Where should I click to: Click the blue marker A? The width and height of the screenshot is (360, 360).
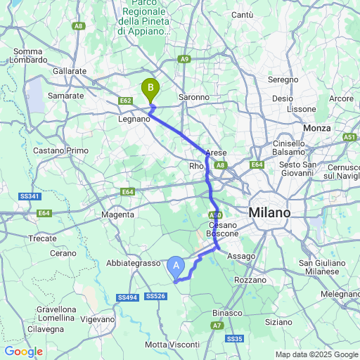coord(176,266)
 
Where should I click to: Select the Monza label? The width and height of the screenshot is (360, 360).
coord(316,128)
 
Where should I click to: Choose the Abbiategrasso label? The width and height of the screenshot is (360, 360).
coord(134,263)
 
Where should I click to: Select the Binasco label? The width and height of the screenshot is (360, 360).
coord(227,313)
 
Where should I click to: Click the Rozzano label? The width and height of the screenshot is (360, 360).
coord(251,280)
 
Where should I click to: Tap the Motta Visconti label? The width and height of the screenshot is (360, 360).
coord(172,345)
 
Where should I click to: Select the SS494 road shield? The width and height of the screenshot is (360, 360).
coord(128,298)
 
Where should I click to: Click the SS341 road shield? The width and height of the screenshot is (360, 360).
coord(29,195)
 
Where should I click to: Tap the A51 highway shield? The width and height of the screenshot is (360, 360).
coord(350,138)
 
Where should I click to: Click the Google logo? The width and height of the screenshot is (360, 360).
coord(23,352)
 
